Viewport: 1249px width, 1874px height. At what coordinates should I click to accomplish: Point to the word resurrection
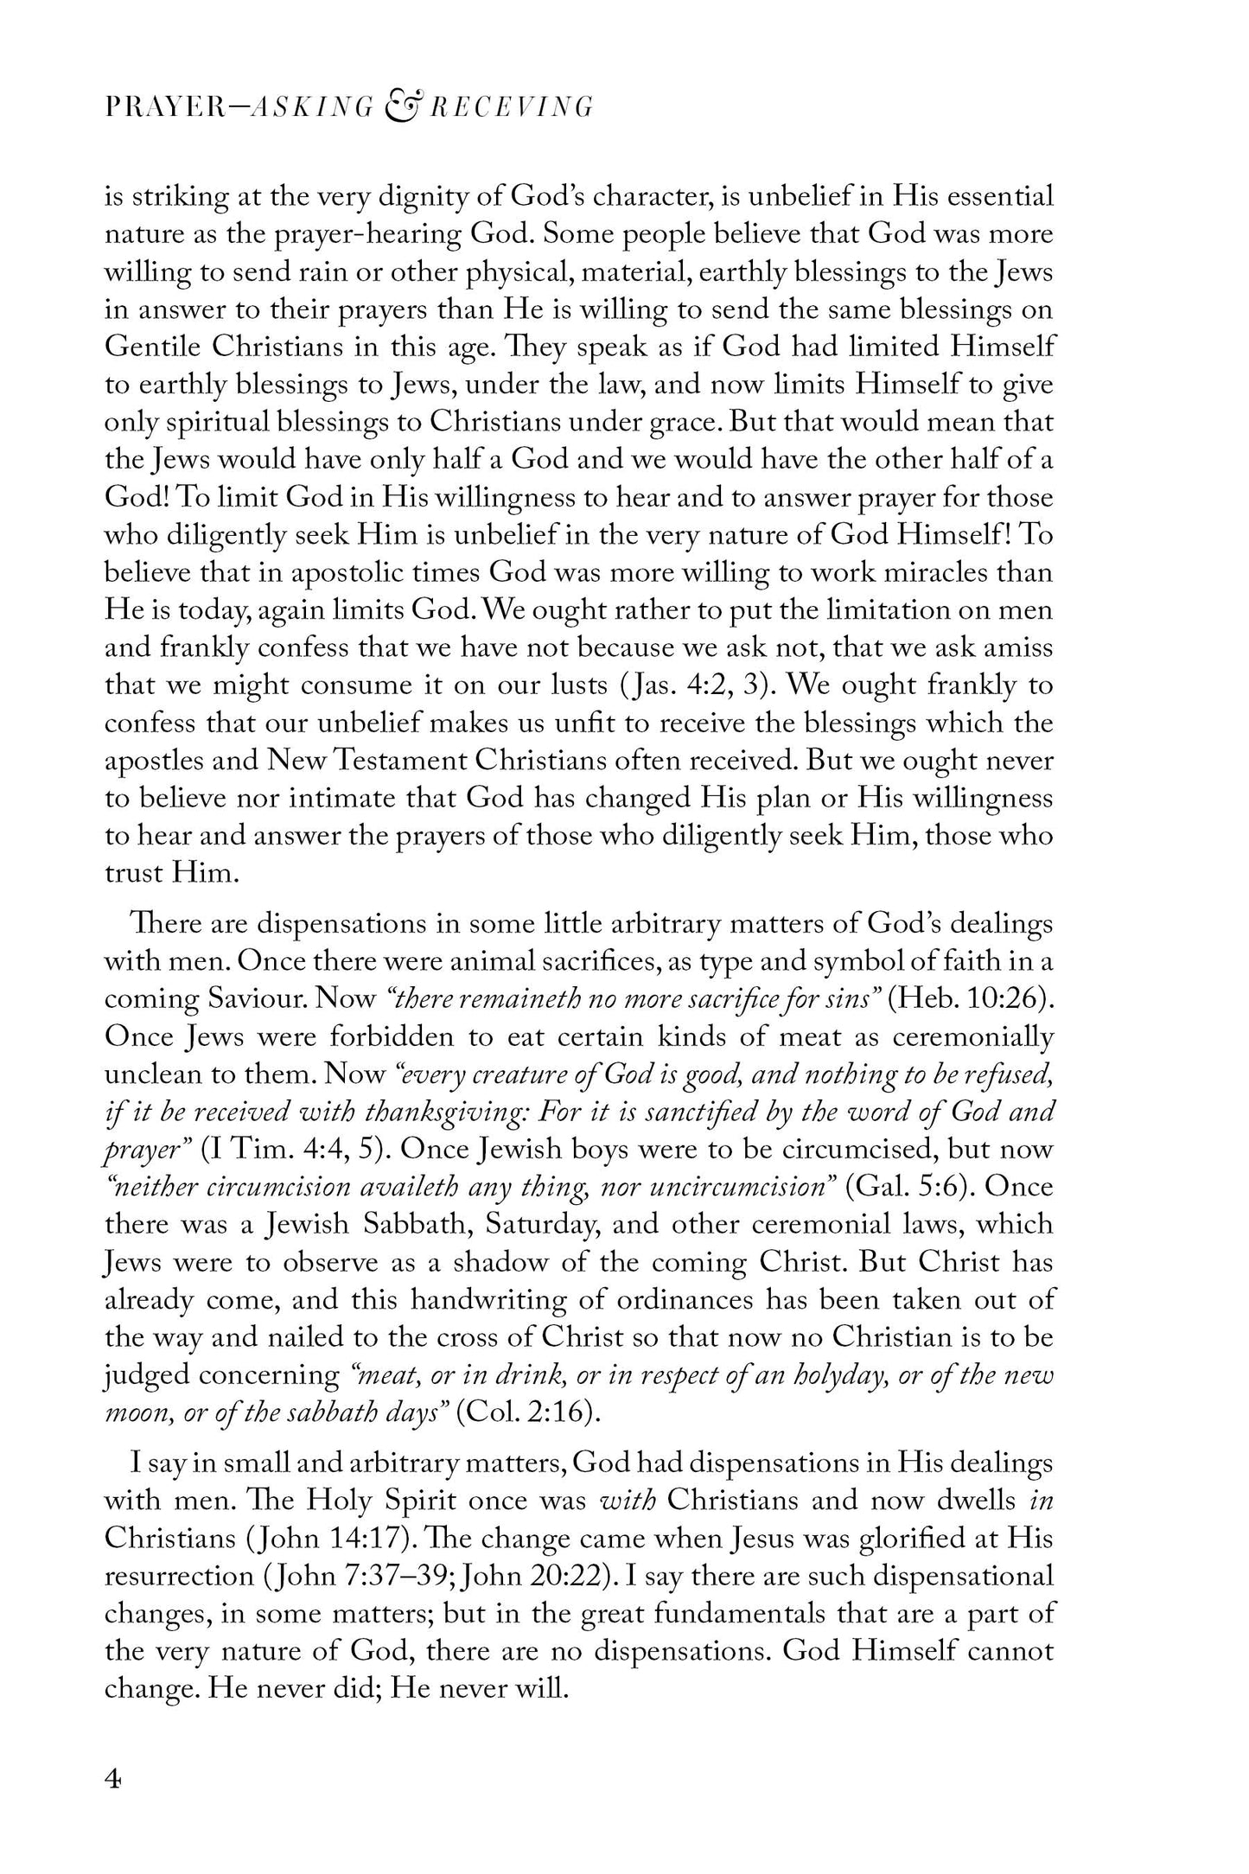pos(174,1575)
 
